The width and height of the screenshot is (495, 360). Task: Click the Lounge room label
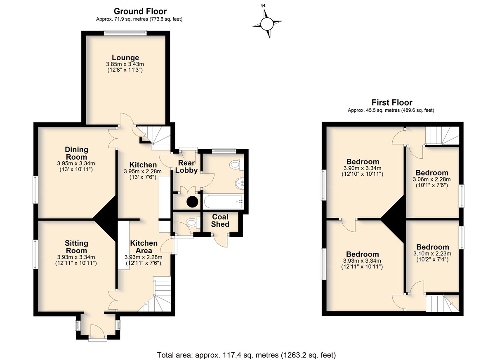pos(125,57)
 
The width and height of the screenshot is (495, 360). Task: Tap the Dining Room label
pos(76,153)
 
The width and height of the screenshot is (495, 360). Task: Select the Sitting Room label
pos(76,247)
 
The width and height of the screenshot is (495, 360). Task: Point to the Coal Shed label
pos(220,221)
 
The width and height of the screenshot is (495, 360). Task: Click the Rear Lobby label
pos(186,167)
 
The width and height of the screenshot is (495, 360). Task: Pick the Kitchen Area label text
pos(144,247)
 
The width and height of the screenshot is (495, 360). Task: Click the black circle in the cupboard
pos(192,201)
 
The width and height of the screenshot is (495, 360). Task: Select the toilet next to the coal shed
pos(193,223)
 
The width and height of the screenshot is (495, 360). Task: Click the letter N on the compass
pos(264,6)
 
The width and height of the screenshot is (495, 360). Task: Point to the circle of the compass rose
pos(267,24)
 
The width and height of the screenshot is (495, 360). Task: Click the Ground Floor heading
pos(140,11)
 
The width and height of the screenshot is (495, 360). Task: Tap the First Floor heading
pos(392,103)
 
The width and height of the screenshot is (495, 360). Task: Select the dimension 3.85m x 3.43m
pos(125,64)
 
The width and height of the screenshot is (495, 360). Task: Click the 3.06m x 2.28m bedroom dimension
pos(431,179)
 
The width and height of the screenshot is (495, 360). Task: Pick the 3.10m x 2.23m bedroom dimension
pos(432,254)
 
